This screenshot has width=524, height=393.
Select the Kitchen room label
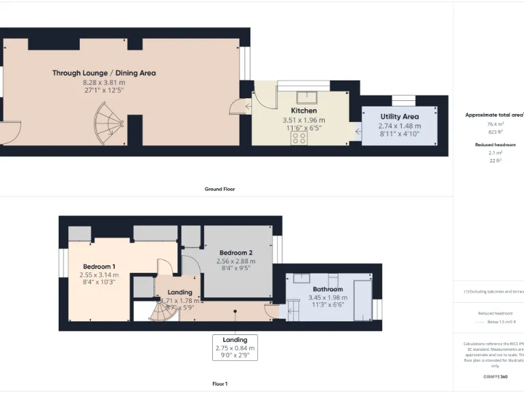point(304,111)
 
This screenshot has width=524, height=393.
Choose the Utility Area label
point(399,117)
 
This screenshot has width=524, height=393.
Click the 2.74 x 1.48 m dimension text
point(399,126)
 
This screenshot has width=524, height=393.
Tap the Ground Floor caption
point(220,189)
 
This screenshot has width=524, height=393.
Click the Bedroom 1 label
point(99,266)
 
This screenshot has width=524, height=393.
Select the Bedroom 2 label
point(235,252)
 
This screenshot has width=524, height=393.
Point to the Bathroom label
point(327,289)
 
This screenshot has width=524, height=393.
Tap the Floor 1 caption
point(220,383)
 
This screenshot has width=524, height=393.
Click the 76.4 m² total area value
point(495,125)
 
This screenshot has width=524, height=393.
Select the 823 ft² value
point(495,132)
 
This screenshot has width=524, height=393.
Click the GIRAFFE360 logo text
point(495,377)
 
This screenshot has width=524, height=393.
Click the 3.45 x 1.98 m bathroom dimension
point(327,297)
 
